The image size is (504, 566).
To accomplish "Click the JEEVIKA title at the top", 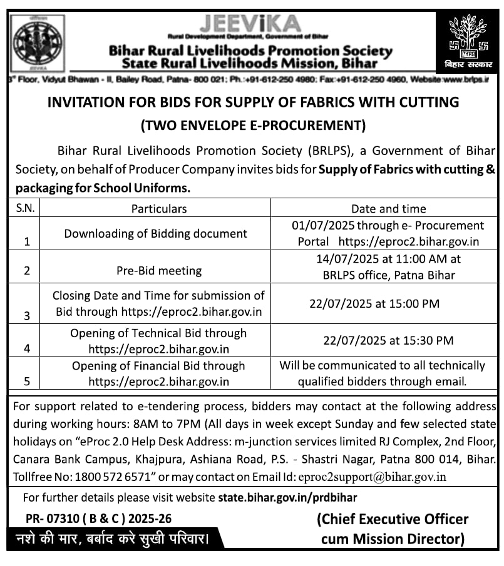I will point(250,24).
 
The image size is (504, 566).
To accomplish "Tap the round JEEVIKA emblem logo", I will point(38,43).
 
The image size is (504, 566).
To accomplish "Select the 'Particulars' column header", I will point(159,208).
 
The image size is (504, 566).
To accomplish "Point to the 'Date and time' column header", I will point(388,208).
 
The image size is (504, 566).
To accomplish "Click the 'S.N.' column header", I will point(26,208).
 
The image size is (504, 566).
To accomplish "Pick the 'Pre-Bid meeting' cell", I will point(159,271).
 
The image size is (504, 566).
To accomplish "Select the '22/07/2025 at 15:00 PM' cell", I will point(374,303).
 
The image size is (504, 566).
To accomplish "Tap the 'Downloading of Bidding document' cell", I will point(156,233).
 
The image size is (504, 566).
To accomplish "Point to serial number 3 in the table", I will point(26,316).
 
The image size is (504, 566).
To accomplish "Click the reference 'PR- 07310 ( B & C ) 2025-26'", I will point(98,518).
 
